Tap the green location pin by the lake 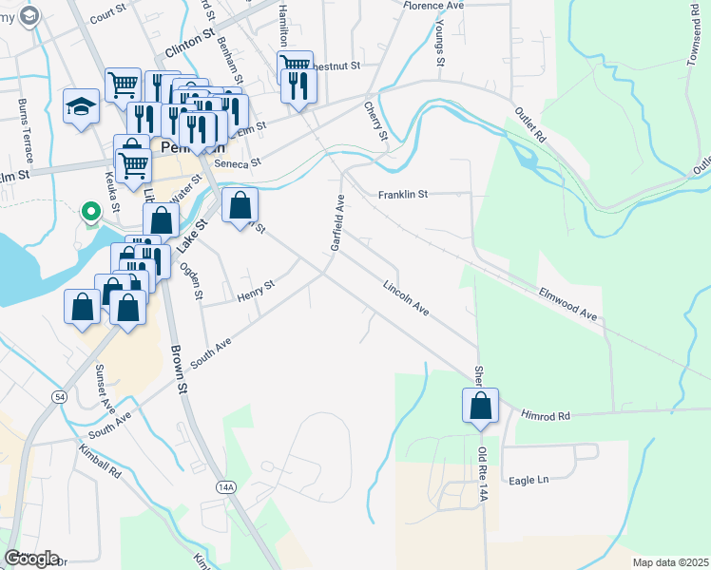(x=90, y=211)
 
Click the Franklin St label (x=403, y=194)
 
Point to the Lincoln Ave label (x=407, y=298)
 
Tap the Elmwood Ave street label (x=567, y=303)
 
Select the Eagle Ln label (x=529, y=480)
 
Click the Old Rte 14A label (x=483, y=474)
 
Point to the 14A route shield (x=224, y=486)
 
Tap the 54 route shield (x=59, y=394)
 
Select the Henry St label (x=256, y=292)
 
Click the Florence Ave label (x=432, y=6)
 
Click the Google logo (x=31, y=558)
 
